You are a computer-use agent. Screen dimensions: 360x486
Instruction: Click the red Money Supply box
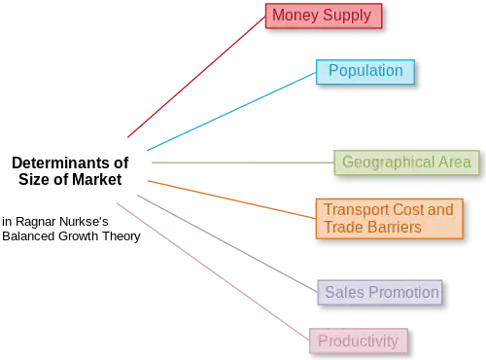tap(323, 16)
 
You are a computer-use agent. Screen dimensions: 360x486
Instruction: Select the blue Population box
tap(364, 71)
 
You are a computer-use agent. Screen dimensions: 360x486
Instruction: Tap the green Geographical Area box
tap(406, 162)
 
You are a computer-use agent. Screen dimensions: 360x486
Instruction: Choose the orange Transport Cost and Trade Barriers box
tap(388, 218)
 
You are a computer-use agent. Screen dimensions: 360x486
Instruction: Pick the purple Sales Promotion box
tap(381, 292)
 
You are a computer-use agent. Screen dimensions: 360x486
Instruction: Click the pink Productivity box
tap(358, 341)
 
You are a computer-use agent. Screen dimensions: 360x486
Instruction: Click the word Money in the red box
tap(294, 16)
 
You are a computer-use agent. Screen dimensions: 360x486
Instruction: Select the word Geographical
tap(386, 162)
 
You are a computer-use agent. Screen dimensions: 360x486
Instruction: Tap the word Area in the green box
tap(453, 162)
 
